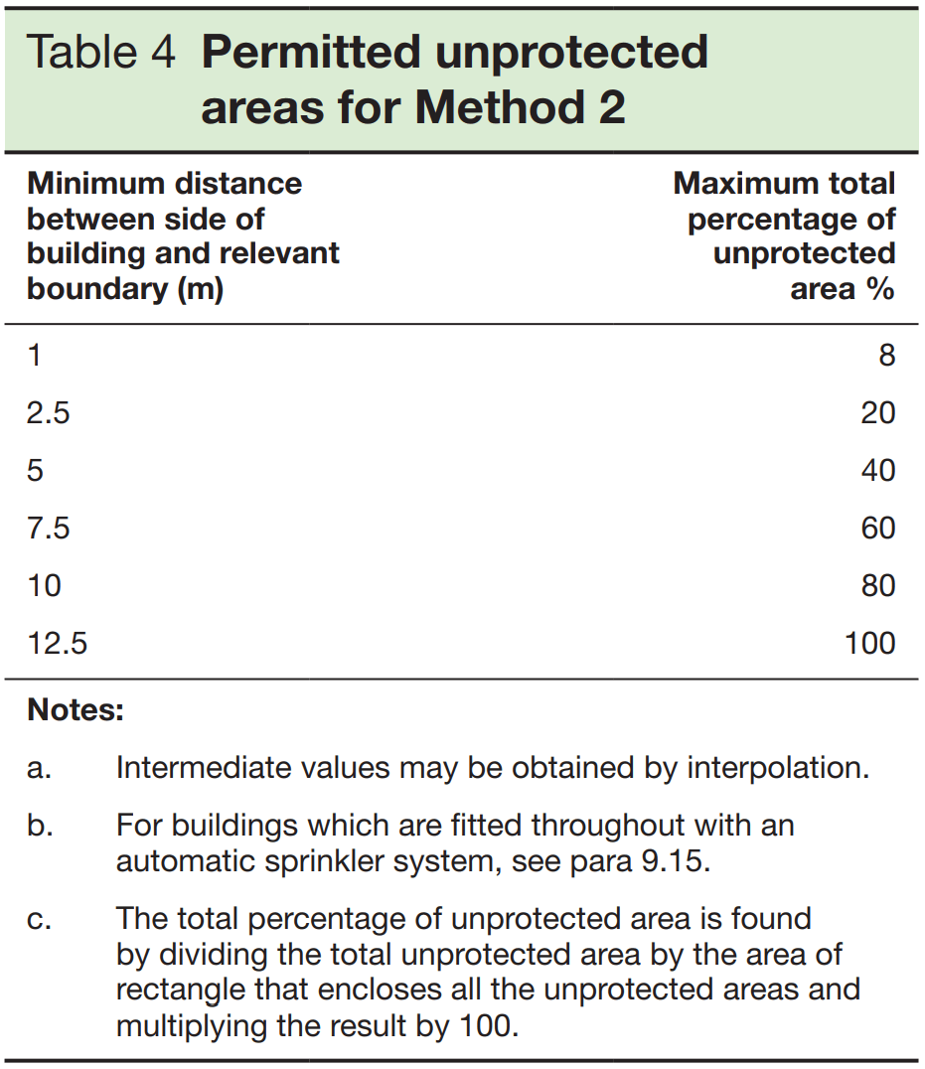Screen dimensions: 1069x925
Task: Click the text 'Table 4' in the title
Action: [101, 53]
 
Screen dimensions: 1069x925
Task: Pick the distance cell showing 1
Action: [35, 355]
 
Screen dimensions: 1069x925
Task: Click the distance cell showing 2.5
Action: [49, 412]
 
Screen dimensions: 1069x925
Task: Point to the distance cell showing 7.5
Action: [49, 528]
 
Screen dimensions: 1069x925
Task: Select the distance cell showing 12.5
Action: [58, 643]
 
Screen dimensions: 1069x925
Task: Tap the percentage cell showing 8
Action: [886, 355]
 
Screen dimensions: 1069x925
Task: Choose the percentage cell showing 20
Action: [877, 412]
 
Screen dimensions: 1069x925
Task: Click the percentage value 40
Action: [877, 470]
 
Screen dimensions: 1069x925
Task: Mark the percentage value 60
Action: [877, 528]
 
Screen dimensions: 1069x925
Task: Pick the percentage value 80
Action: [877, 585]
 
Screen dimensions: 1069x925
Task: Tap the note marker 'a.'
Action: [39, 768]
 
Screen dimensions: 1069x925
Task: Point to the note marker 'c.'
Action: [39, 919]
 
